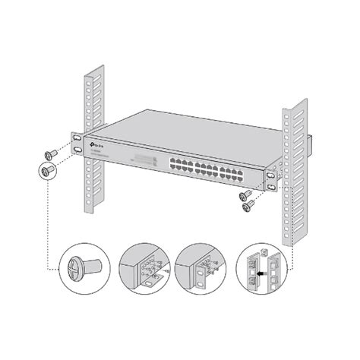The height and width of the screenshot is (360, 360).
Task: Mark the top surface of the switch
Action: coord(190,129)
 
